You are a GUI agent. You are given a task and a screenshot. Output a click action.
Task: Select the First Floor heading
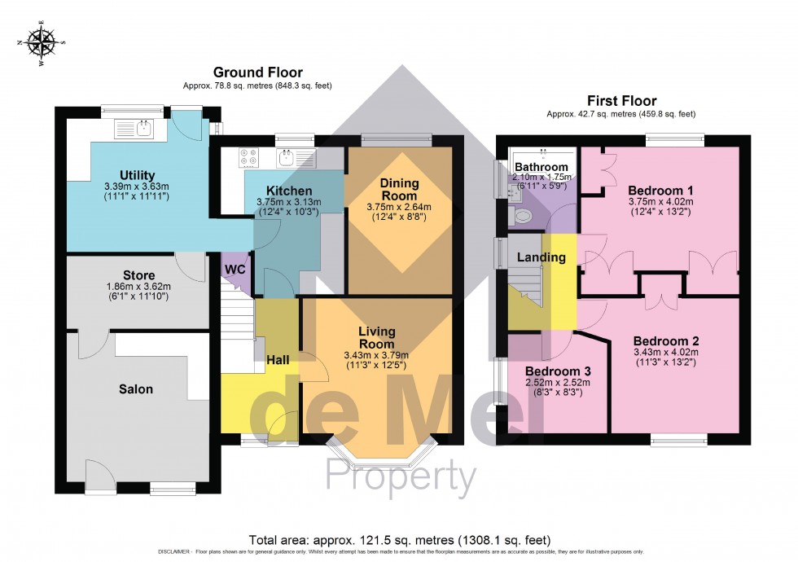pos(622,101)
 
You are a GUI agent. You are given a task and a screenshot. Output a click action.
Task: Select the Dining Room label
pos(399,190)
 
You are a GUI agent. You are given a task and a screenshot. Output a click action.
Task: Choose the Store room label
pos(138,275)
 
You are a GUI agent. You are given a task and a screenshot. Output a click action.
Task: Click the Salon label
pos(136,389)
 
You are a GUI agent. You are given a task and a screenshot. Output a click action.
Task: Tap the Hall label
pos(278,359)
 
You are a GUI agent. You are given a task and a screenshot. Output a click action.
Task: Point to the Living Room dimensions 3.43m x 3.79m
pos(376,354)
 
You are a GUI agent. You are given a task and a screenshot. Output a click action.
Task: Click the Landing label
pos(541,257)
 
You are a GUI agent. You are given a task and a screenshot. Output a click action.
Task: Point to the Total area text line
pos(399,540)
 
